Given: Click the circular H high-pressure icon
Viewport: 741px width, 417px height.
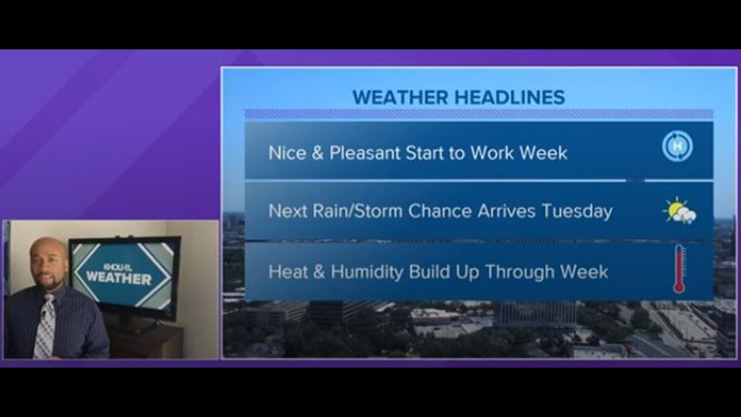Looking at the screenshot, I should (x=677, y=147).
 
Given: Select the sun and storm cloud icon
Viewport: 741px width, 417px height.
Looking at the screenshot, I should (x=679, y=210).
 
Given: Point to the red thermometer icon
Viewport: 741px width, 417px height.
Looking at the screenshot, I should (x=679, y=270).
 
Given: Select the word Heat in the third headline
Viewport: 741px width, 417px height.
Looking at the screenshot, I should (x=288, y=271).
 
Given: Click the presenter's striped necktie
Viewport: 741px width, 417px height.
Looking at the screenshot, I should (x=44, y=326).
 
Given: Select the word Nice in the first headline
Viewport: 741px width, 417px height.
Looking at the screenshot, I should (x=287, y=153).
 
